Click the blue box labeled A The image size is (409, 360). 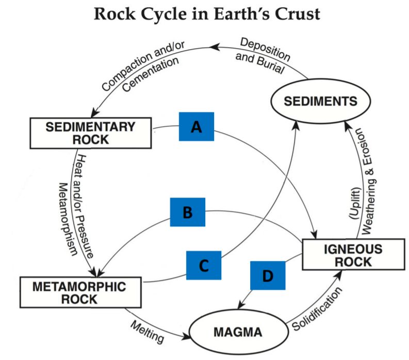coord(196,125)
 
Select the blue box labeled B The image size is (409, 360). coord(188,212)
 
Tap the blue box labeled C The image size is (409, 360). coord(204,266)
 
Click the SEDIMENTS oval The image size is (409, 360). coord(314,101)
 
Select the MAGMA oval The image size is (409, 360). coord(238,331)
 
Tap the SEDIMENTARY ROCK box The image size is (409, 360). coord(90,133)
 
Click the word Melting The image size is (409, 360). coord(148,332)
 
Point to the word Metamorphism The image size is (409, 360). coord(68,219)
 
